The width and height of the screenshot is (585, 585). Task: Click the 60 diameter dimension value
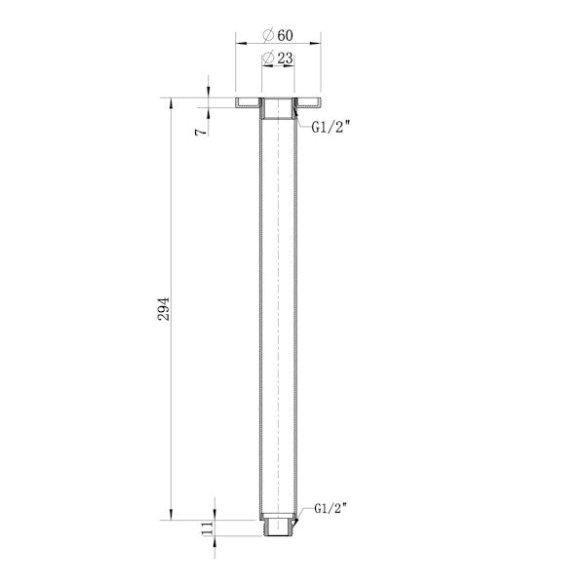coord(285,35)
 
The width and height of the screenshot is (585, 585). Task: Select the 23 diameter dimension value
coord(285,59)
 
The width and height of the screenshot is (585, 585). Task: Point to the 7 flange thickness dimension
coord(200,129)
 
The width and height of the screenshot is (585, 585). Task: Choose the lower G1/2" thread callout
coord(332,509)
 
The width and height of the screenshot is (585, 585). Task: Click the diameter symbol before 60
coord(268,35)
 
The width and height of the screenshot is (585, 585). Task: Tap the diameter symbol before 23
coord(268,59)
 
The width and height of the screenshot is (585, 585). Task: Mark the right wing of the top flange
coord(310,100)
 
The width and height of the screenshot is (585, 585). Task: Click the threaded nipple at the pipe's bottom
coord(279,527)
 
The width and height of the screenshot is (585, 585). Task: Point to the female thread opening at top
coord(279,107)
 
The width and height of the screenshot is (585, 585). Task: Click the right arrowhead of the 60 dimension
coord(319,44)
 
